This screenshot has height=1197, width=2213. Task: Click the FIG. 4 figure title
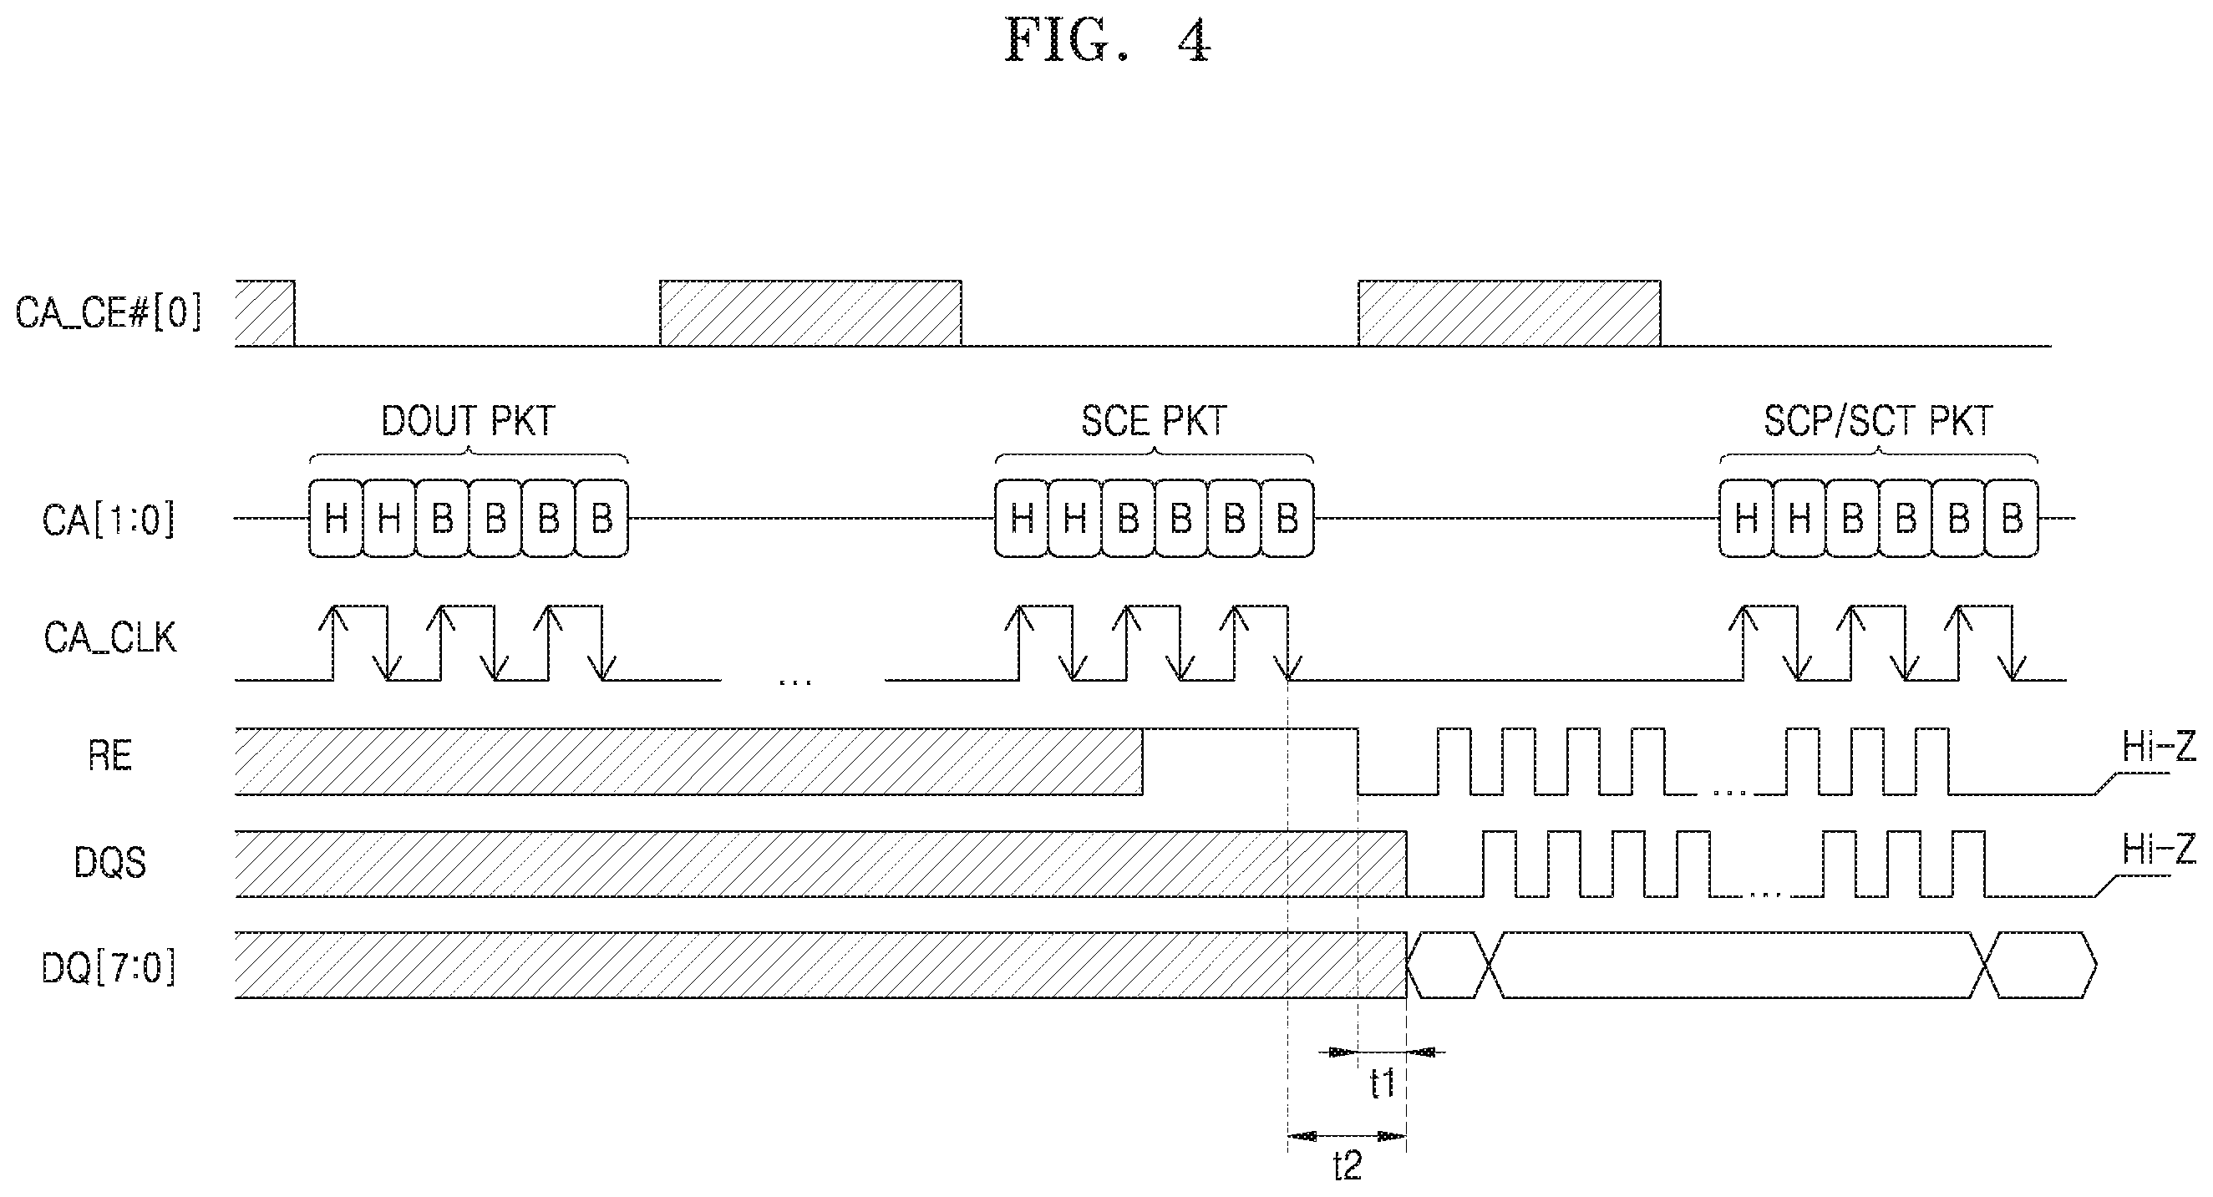coord(1109,40)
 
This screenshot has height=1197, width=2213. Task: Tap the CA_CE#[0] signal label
coord(109,312)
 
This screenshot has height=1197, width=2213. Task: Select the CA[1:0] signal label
coord(109,520)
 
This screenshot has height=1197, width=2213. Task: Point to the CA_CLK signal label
coord(110,639)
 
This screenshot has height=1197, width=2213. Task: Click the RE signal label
coord(110,757)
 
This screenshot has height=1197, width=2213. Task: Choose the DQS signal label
coord(110,862)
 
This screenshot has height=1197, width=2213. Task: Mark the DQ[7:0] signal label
coord(109,969)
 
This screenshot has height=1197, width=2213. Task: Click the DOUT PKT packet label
coord(468,421)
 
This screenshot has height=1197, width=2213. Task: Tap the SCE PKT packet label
coord(1154,421)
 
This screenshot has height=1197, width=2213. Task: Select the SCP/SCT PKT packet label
coord(1878,421)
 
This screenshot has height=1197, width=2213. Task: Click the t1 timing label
coord(1383,1083)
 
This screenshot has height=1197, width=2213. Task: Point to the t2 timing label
coord(1348,1166)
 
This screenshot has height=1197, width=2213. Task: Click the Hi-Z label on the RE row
coord(2159,748)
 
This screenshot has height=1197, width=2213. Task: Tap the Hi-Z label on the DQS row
coord(2159,850)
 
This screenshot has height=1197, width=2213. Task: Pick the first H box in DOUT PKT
coord(336,519)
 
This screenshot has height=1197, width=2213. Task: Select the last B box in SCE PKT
coord(1287,519)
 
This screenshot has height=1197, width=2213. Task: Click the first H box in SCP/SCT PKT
coord(1747,519)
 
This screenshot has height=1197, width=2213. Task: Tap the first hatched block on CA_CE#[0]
coord(265,313)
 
